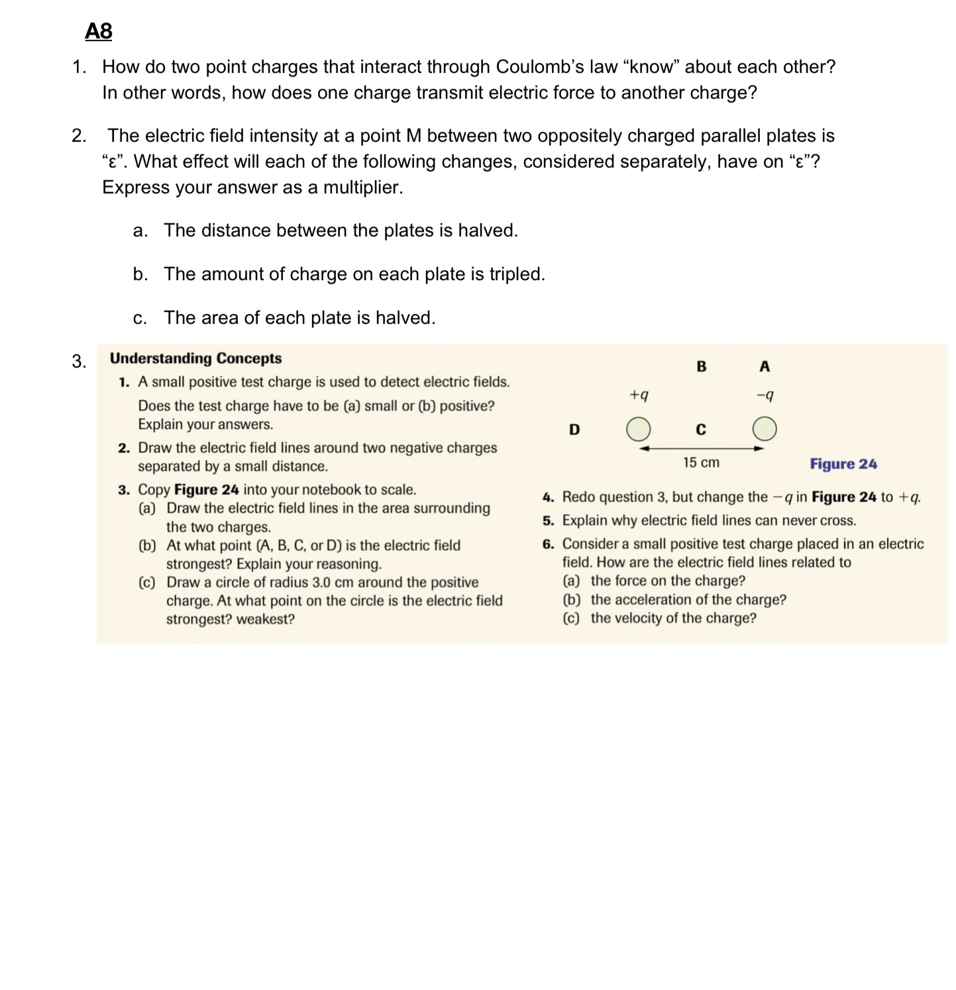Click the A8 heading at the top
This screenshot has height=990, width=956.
99,31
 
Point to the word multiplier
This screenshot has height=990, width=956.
362,187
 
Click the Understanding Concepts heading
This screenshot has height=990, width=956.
195,358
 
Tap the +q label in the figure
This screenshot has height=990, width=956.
639,395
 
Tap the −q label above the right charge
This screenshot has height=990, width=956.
765,395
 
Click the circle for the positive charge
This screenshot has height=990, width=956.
639,428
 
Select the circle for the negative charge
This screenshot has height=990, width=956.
765,428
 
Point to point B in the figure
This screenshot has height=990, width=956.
702,366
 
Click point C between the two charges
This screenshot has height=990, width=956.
701,430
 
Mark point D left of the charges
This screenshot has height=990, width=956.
574,430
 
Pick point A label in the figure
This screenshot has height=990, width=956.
765,366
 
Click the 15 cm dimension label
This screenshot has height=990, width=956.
701,463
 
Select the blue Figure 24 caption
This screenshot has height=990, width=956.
843,464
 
